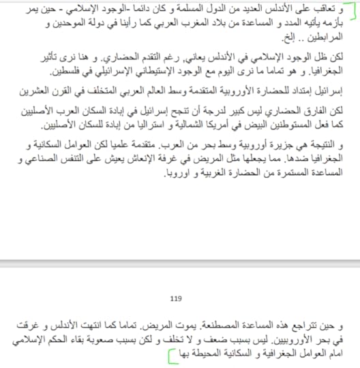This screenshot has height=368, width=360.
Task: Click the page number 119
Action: pyautogui.click(x=177, y=297)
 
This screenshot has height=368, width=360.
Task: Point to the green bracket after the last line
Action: pyautogui.click(x=168, y=354)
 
